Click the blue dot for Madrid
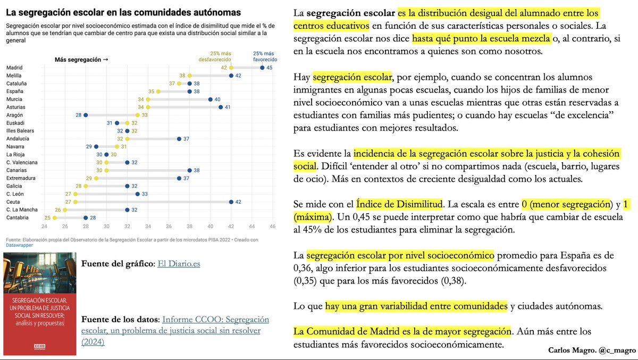(x=262, y=68)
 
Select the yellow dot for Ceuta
(x=75, y=202)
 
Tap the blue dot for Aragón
(x=86, y=115)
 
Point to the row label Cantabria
(x=18, y=217)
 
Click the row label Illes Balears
(x=20, y=130)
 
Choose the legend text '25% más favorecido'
(x=264, y=56)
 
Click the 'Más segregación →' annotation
(x=81, y=60)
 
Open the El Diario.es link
(x=179, y=263)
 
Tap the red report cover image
(x=39, y=304)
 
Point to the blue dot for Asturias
(x=220, y=107)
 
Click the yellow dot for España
(x=158, y=91)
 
